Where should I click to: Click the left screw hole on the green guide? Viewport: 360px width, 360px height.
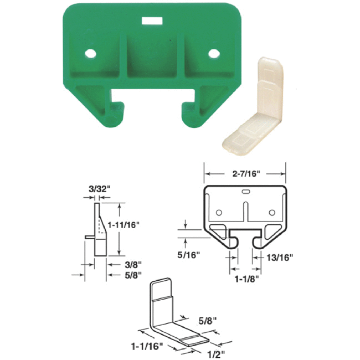tap(89, 54)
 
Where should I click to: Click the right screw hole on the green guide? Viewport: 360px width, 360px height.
tap(213, 54)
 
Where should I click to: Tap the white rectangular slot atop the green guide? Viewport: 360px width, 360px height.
tap(151, 20)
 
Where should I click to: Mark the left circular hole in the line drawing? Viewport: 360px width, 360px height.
tap(219, 213)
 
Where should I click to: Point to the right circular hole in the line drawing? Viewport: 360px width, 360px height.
tap(271, 213)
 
